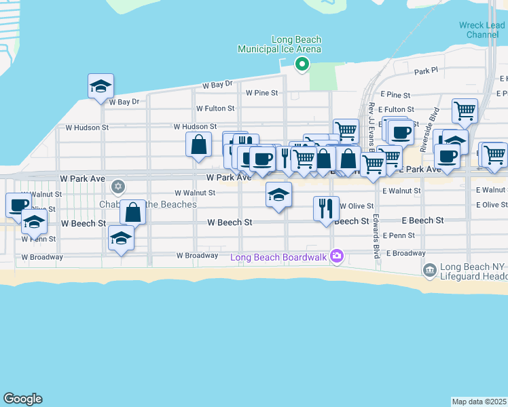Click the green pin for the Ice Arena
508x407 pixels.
point(302,64)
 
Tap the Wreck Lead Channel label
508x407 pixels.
point(482,30)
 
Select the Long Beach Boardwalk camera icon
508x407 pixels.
point(336,256)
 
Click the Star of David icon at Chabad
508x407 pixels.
point(118,186)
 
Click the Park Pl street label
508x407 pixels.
point(427,71)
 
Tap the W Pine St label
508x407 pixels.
point(263,92)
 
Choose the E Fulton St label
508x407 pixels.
point(396,109)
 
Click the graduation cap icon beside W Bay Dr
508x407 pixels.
point(101,86)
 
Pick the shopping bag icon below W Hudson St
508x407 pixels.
point(198,144)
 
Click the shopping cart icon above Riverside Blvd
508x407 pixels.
point(465,111)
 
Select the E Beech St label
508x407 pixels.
point(422,220)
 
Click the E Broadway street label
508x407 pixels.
point(405,253)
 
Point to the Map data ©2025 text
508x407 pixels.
point(479,402)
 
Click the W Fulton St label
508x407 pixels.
point(215,108)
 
